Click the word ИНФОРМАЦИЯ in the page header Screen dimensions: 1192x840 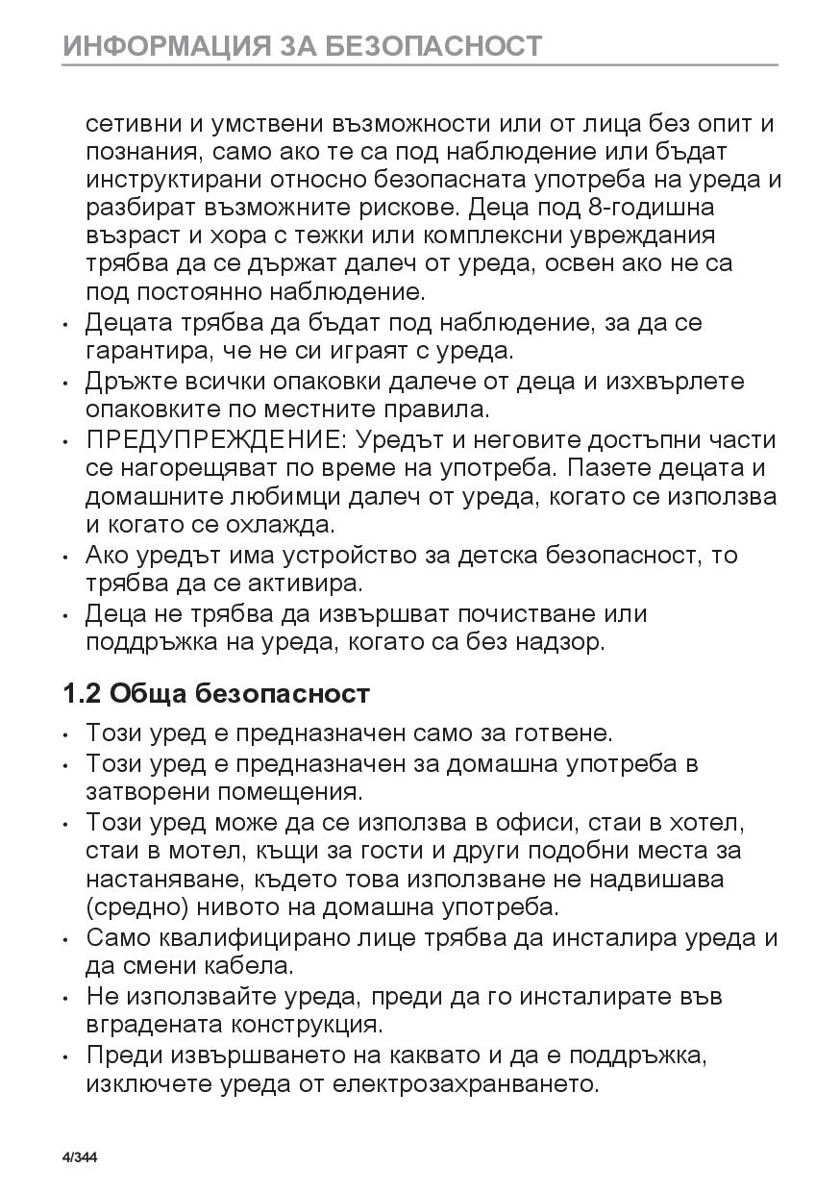(159, 45)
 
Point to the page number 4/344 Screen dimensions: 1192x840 (80, 1157)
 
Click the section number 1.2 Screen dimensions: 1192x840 (82, 693)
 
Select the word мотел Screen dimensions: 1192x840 (206, 851)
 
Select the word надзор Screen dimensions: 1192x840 (566, 641)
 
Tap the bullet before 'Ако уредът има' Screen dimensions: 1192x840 (65, 557)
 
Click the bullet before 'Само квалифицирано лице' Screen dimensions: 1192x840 (65, 939)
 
